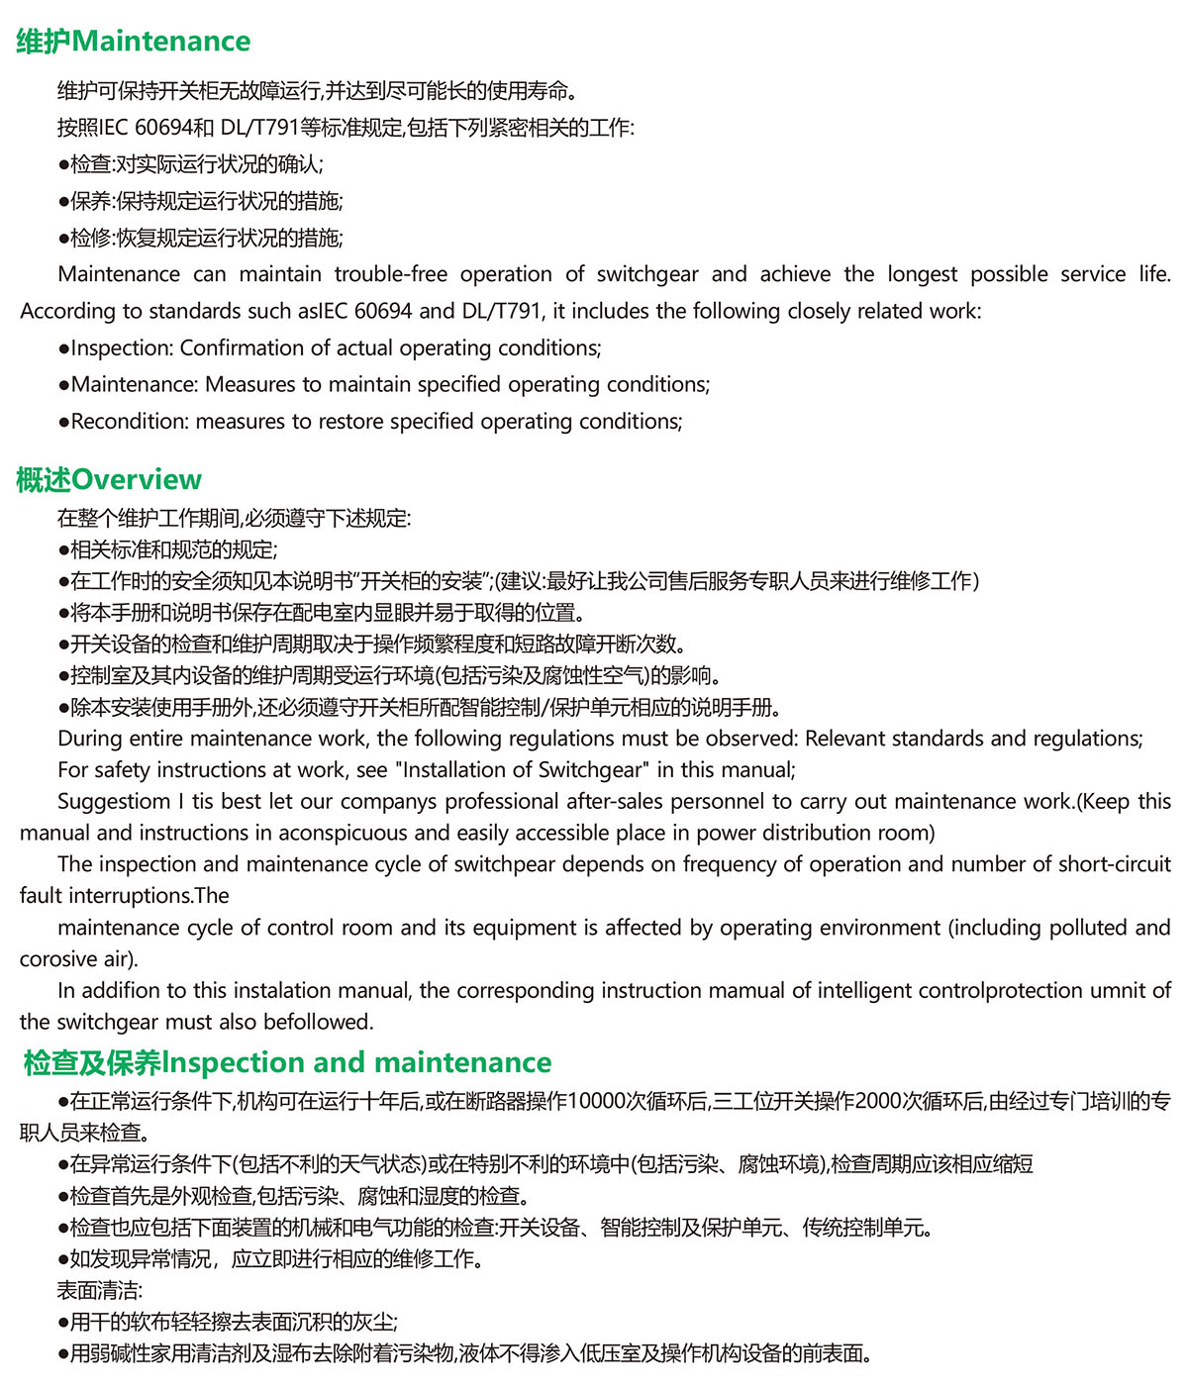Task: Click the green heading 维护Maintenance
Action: (134, 42)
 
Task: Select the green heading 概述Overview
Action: (109, 480)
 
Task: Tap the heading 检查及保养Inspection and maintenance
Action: (287, 1063)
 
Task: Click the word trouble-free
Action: (391, 274)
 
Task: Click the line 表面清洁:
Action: (100, 1291)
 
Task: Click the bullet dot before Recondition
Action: (64, 423)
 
